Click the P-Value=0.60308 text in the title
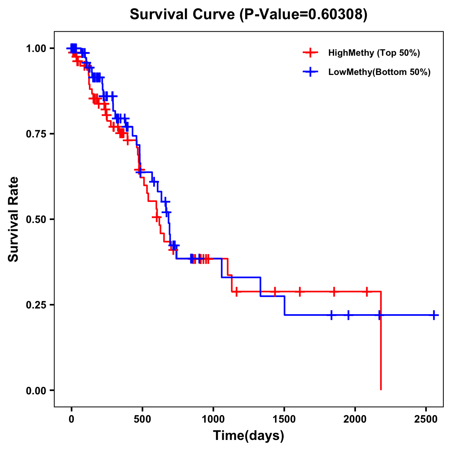304,15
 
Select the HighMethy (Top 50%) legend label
374,53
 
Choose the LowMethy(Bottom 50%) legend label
379,72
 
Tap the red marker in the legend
310,53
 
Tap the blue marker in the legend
310,72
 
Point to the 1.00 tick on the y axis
36,49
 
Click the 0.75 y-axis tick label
36,134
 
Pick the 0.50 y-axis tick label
36,220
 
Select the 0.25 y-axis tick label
36,305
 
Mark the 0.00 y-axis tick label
36,391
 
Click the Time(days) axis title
249,436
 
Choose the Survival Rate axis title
14,219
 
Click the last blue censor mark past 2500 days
434,315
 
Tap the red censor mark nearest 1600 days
300,292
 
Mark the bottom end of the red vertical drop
381,389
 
